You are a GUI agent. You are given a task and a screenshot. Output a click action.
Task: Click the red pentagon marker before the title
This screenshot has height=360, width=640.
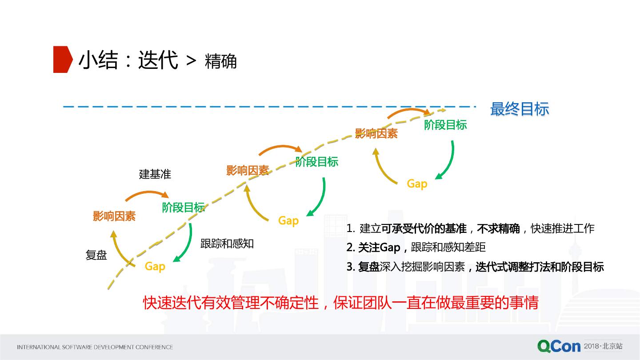[62, 59]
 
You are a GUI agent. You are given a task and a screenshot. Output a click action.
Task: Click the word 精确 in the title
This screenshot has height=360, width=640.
[220, 62]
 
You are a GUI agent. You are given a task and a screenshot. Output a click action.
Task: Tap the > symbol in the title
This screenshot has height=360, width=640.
[191, 61]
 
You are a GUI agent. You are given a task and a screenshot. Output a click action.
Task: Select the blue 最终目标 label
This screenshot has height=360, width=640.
[519, 109]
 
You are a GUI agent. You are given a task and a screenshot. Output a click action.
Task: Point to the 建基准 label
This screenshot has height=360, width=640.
[155, 174]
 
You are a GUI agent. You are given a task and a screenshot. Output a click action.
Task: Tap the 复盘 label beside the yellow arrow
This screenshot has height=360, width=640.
[96, 255]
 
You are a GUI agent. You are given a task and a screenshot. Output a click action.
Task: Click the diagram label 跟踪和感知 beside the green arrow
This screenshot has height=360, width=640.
[227, 244]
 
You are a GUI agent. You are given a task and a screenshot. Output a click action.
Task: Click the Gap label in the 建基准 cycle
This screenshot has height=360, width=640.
[155, 266]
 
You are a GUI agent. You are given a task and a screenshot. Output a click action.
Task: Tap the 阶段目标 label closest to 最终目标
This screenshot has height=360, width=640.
[445, 125]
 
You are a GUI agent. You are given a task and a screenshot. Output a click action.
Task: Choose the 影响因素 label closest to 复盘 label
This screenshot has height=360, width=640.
[114, 216]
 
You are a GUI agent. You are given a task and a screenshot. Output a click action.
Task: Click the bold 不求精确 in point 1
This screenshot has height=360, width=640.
[498, 229]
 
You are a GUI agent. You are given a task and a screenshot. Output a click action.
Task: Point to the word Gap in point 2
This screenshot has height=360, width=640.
[390, 248]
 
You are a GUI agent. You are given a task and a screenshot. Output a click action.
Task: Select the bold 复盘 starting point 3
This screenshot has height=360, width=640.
[368, 267]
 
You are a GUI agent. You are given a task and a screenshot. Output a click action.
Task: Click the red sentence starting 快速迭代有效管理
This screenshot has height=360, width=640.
[340, 303]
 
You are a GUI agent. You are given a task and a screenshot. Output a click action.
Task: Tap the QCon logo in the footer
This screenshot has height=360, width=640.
[559, 346]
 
